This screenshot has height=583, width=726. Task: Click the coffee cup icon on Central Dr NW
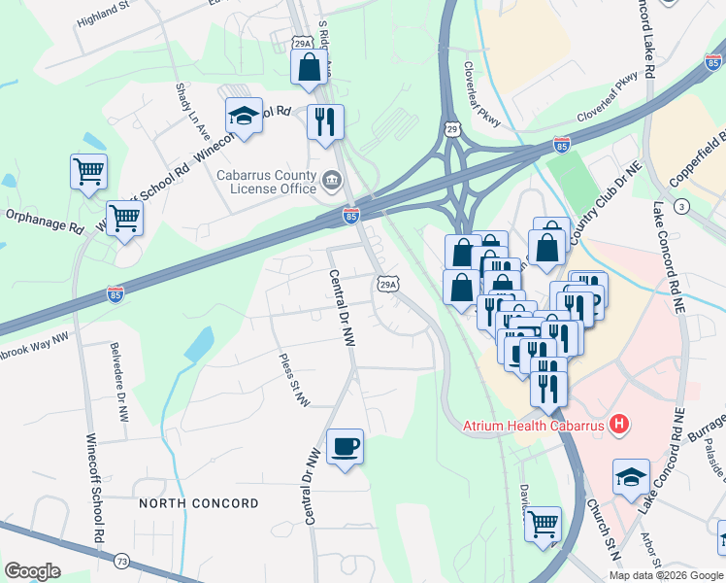click(345, 447)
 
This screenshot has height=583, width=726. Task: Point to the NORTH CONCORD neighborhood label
click(198, 503)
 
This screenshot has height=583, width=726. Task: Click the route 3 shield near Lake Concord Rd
click(682, 206)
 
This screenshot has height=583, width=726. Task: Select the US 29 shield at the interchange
click(451, 128)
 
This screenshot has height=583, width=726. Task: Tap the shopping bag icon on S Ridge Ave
click(309, 67)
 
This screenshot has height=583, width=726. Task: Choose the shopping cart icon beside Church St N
click(544, 523)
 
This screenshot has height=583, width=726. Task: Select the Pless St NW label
click(293, 378)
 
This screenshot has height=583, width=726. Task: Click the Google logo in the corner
click(32, 571)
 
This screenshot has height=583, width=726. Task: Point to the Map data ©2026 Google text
click(665, 575)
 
